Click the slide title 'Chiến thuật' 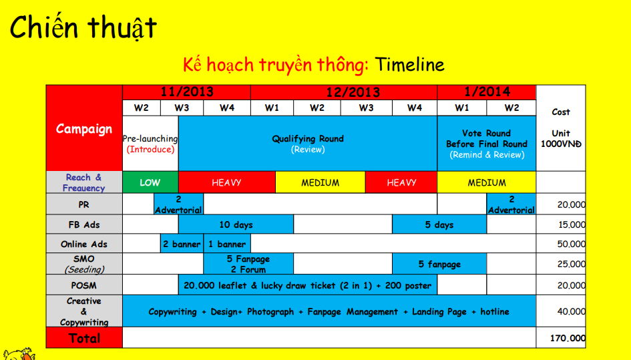pos(83,27)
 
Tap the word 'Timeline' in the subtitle pos(409,65)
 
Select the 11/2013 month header pos(186,92)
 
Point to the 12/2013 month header pos(344,92)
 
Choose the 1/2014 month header pos(486,92)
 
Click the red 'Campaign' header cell pos(84,129)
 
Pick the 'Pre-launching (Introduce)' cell pos(150,144)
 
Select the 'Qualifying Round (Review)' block pos(308,144)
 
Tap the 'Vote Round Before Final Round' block pos(487,144)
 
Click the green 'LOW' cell pos(150,182)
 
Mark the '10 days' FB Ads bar pos(236,224)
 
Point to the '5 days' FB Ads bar pos(439,224)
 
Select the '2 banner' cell pos(182,244)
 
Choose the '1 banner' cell pos(227,244)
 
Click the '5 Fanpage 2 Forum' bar pos(248,264)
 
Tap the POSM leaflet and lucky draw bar pos(308,285)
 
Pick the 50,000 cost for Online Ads pos(572,244)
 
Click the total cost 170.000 pos(568,338)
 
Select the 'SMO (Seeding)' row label pos(84,264)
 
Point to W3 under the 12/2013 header pos(366,108)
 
